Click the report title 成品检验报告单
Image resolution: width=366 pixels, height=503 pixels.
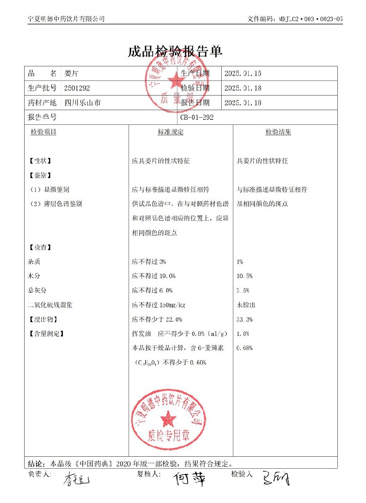(175, 51)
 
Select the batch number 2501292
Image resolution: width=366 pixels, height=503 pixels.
(77, 88)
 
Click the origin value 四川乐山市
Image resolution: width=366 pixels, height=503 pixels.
(82, 103)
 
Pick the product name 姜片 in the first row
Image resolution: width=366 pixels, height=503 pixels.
(71, 73)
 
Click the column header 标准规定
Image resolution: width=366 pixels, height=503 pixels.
(170, 132)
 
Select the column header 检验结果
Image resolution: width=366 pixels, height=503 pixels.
(278, 132)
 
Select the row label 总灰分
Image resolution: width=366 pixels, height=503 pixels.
(38, 290)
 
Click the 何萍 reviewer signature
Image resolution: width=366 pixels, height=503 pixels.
(190, 479)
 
